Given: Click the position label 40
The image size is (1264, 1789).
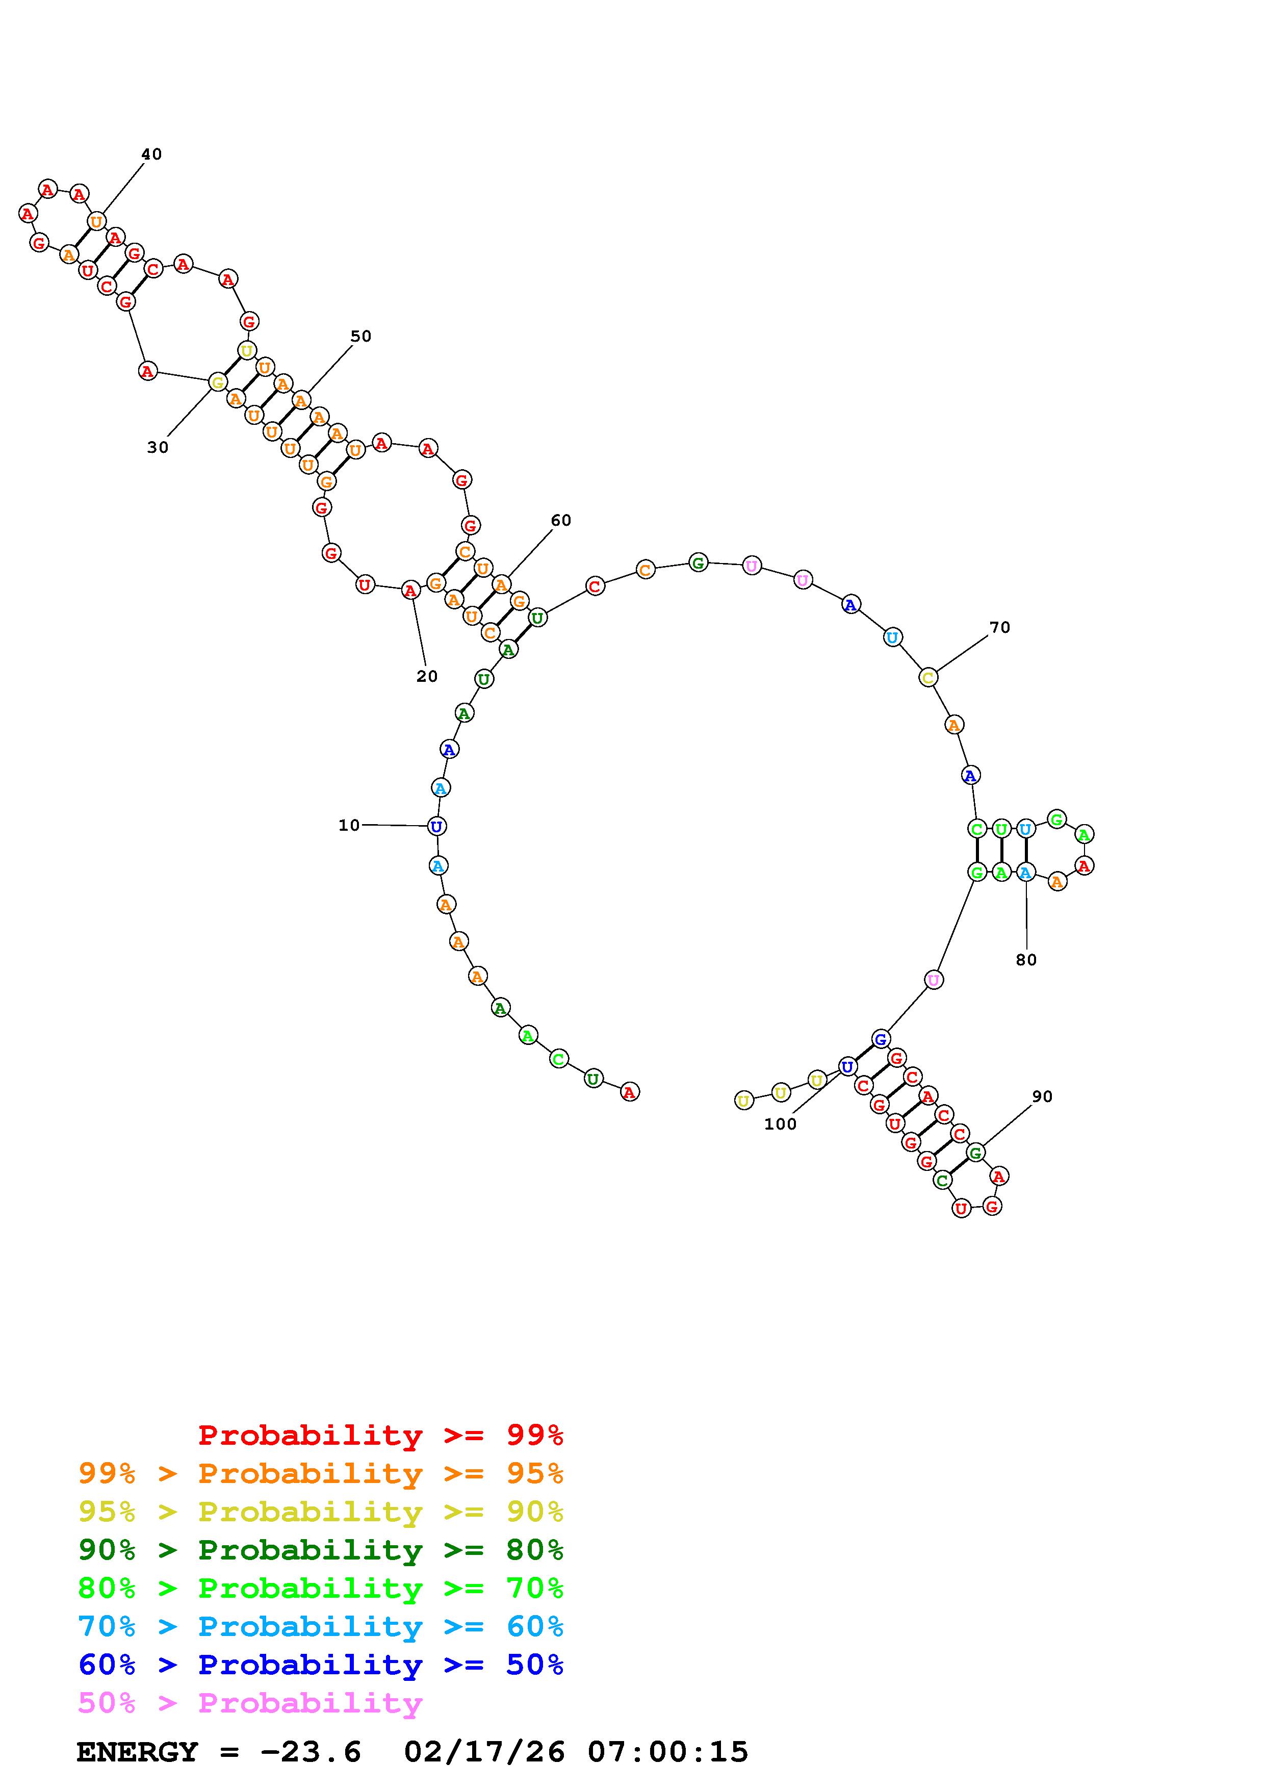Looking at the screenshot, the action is [x=151, y=155].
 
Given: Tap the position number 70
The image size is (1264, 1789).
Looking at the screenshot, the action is [x=999, y=627].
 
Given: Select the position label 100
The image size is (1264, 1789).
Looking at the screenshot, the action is [x=780, y=1123].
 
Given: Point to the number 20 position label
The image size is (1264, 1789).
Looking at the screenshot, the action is [x=427, y=676].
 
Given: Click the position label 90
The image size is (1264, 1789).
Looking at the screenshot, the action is [x=1042, y=1096].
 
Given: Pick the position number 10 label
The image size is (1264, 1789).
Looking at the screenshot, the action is [x=349, y=825].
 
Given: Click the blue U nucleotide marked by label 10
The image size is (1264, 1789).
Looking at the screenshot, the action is [x=437, y=826].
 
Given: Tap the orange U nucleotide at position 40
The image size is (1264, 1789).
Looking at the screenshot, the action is [x=96, y=221].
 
